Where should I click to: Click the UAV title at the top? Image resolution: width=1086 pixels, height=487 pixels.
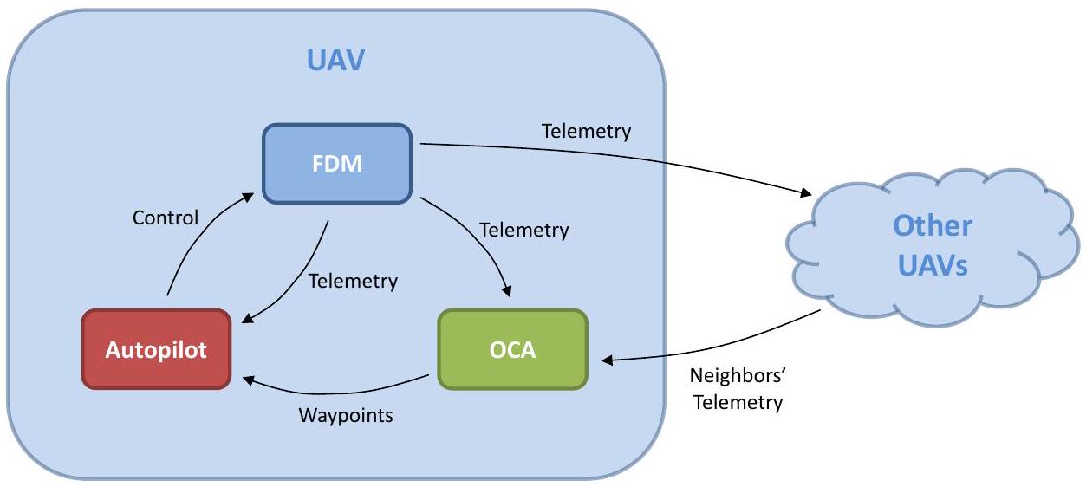pyautogui.click(x=336, y=61)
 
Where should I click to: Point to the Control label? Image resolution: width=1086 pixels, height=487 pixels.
pyautogui.click(x=166, y=218)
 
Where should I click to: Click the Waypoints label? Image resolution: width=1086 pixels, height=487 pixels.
pyautogui.click(x=346, y=415)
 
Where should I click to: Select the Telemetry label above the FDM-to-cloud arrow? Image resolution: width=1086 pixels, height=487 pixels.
pyautogui.click(x=586, y=132)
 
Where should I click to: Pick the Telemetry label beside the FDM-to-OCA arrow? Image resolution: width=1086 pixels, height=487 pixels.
pyautogui.click(x=523, y=231)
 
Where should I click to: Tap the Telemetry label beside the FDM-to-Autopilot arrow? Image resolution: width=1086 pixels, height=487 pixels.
pyautogui.click(x=353, y=281)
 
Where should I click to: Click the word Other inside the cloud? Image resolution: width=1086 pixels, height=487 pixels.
pyautogui.click(x=933, y=225)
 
